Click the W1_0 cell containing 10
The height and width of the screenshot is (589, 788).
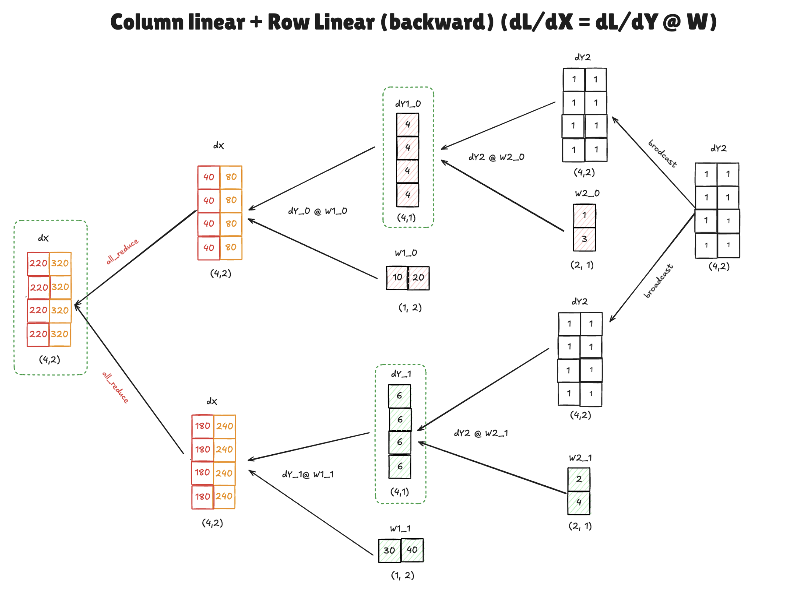click(397, 278)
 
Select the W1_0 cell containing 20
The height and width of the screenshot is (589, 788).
click(419, 278)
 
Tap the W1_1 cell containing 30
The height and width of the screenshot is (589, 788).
click(389, 551)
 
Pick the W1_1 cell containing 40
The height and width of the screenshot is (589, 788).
click(412, 550)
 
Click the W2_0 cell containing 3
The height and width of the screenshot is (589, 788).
click(584, 239)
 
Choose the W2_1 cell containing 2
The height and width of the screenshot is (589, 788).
click(579, 479)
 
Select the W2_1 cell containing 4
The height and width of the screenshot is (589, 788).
click(579, 502)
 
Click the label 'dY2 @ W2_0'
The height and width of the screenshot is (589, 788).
click(496, 157)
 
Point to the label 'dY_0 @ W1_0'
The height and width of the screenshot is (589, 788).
click(318, 211)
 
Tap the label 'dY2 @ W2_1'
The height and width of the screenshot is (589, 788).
click(481, 433)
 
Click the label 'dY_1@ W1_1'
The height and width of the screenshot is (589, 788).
click(308, 474)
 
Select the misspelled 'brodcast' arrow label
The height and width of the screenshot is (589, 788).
click(662, 153)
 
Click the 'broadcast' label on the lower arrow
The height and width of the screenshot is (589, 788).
click(658, 281)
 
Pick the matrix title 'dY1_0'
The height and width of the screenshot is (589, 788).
click(408, 104)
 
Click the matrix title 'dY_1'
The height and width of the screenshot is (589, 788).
click(401, 374)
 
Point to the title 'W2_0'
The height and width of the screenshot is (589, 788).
click(587, 193)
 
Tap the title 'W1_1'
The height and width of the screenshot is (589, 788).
click(400, 528)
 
